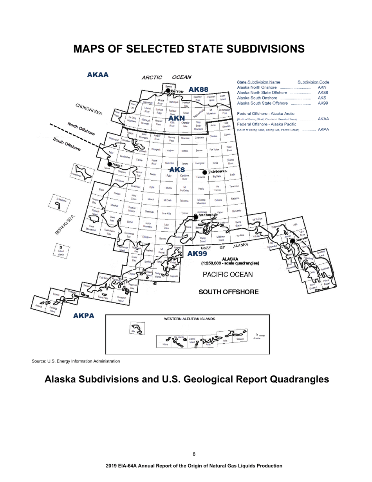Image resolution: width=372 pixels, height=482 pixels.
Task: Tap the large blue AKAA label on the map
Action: [x=98, y=74]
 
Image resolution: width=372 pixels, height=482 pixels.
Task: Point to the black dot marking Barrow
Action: [x=168, y=91]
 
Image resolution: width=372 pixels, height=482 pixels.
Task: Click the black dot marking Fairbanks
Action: [x=204, y=172]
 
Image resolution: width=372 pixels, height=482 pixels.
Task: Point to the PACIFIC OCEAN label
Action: [x=228, y=274]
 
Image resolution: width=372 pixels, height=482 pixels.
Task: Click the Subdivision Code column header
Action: [x=313, y=82]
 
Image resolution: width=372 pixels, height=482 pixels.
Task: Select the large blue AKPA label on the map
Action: [x=83, y=316]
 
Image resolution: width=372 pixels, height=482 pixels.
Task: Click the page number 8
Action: [x=194, y=454]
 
